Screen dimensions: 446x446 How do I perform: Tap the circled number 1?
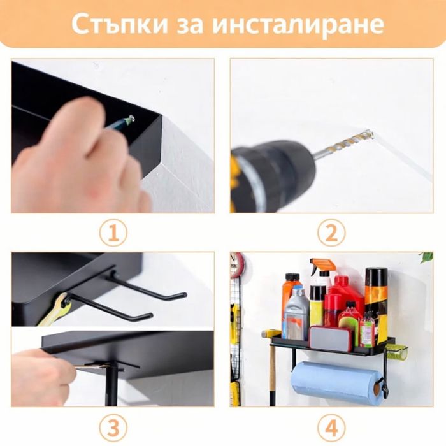coord(113,233)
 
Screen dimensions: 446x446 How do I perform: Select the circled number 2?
coord(331,233)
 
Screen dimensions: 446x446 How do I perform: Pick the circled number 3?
coord(113,427)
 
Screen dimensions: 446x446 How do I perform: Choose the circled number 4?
coord(331,427)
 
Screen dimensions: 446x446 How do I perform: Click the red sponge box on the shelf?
coord(330,338)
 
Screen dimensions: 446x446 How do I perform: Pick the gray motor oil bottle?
coord(296,319)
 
